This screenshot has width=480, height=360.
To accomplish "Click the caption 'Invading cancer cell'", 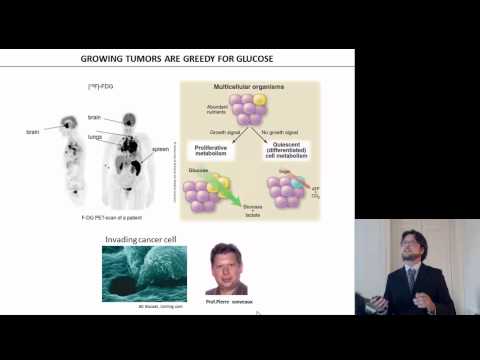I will point(138,239).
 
